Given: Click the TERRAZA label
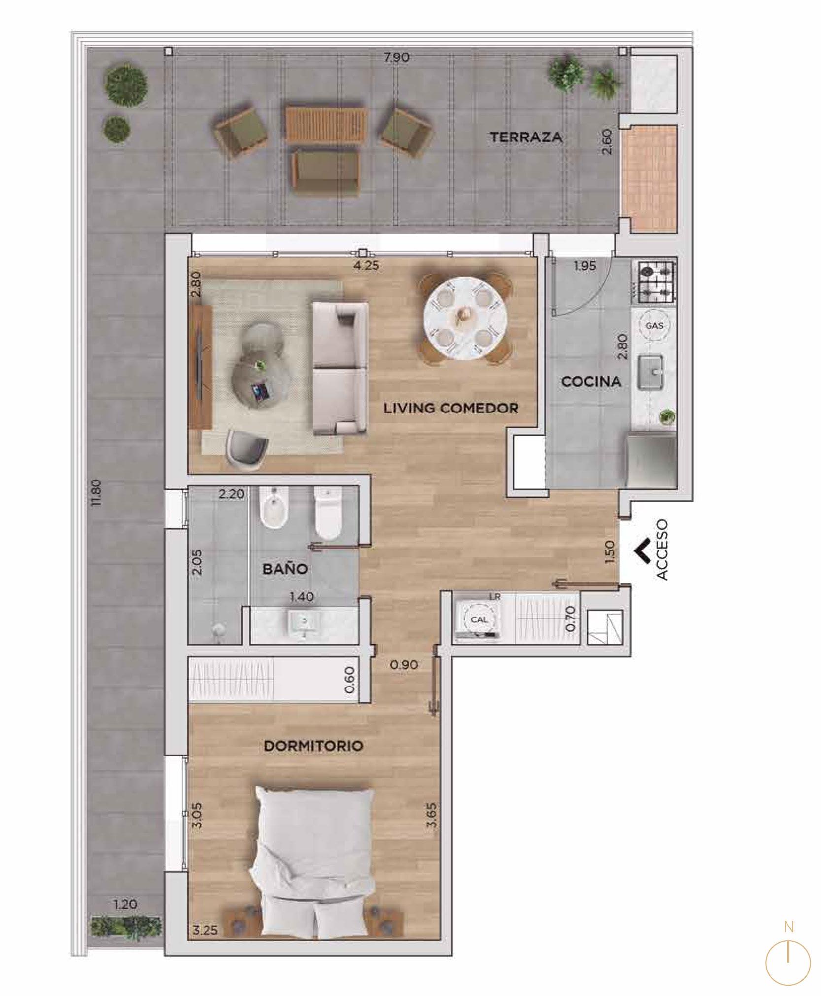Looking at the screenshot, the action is pos(526,137).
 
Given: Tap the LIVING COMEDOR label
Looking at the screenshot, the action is pos(451,408).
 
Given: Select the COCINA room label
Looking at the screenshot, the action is pos(591,381).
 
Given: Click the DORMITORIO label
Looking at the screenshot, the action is pos(313,746).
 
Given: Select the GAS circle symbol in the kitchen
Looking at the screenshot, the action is pos(654,325).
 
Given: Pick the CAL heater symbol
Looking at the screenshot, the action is pos(479,619).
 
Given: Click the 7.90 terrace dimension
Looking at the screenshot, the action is pos(397,57).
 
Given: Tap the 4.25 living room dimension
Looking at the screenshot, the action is pos(366,265).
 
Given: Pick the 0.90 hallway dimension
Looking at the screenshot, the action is pos(404,664).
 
